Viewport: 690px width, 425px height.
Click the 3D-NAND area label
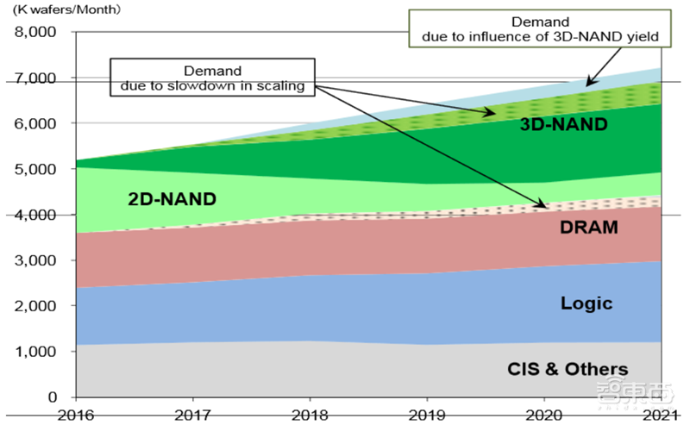click(x=563, y=124)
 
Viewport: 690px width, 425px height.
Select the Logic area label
click(x=586, y=303)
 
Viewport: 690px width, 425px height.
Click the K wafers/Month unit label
click(x=66, y=10)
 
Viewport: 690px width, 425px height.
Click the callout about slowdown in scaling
click(x=212, y=78)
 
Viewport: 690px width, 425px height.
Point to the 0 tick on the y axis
click(x=53, y=397)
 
